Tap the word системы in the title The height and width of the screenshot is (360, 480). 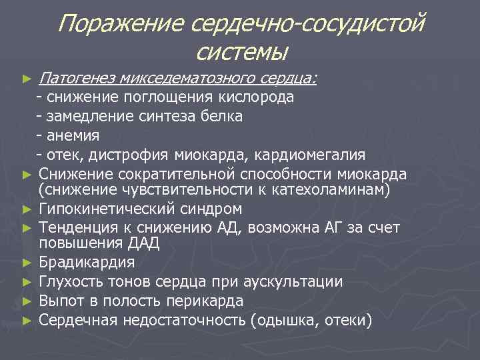[243, 52]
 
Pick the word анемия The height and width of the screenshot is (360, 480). [73, 136]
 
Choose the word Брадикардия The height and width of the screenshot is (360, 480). [87, 262]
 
